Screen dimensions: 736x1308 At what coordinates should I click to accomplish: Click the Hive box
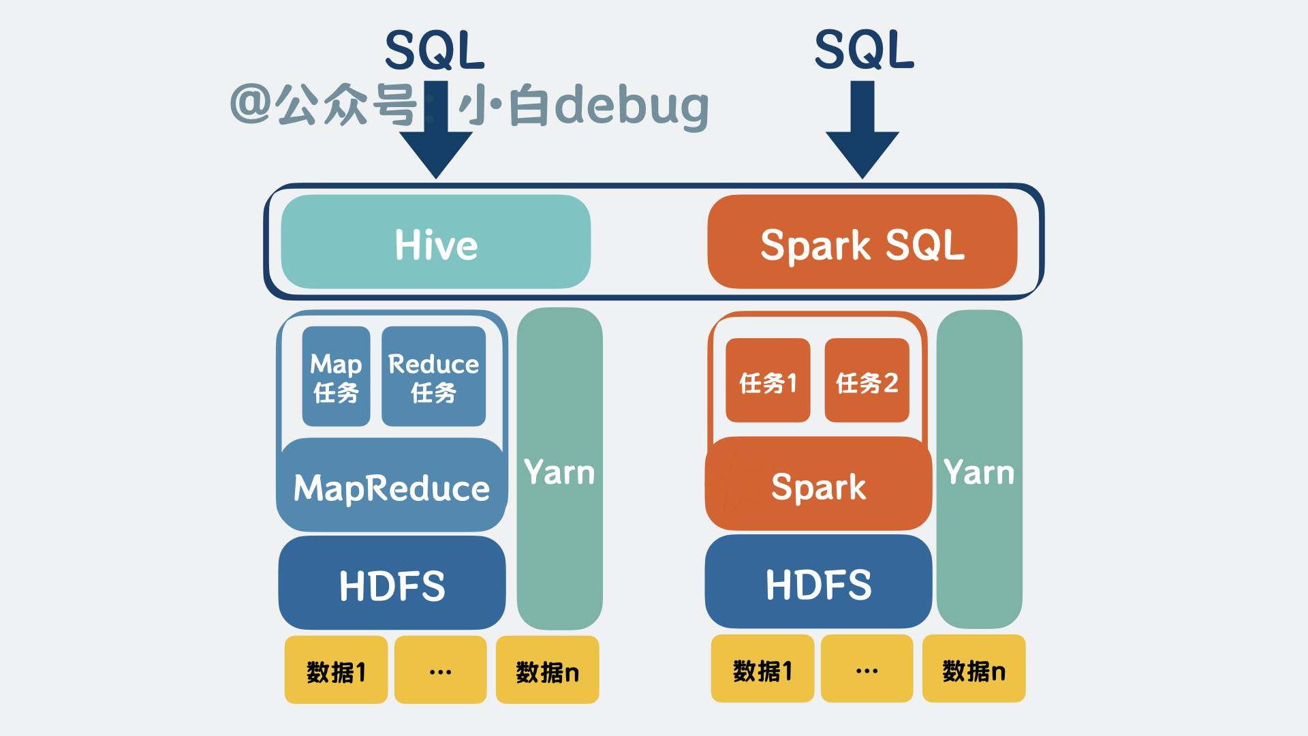coord(436,243)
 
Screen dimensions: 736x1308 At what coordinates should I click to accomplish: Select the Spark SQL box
coord(862,243)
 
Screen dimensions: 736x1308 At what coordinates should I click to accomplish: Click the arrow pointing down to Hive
coord(436,136)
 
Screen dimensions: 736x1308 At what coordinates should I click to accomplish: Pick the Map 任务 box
coord(336,376)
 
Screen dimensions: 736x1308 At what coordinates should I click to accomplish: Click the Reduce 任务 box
coord(433,376)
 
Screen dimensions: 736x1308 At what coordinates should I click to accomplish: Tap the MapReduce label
coord(392,488)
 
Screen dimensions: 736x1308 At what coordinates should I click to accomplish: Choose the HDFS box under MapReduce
coord(392,584)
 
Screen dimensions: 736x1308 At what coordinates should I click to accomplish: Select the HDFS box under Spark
coord(818,583)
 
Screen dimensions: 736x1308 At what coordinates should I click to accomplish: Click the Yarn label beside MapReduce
coord(559,472)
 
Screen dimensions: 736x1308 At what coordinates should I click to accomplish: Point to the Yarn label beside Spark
coord(979,472)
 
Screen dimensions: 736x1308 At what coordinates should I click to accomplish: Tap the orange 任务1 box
coord(768,381)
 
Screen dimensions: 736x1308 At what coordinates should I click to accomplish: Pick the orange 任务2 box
coord(867,381)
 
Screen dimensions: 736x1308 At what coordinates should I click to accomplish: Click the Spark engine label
coord(818,487)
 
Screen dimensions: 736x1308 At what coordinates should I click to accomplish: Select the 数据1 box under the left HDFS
coord(336,671)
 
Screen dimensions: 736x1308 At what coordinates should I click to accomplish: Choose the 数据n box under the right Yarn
coord(974,669)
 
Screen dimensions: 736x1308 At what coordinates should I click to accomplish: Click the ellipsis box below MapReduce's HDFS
coord(440,671)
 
